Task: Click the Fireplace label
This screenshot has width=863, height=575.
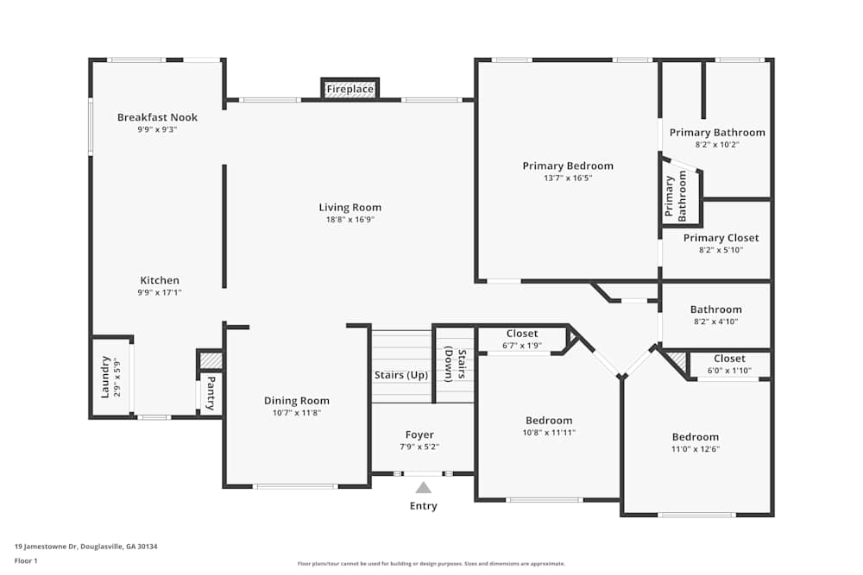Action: point(350,89)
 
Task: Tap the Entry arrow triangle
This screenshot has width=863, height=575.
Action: point(423,488)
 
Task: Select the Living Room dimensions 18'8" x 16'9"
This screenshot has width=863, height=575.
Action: point(350,219)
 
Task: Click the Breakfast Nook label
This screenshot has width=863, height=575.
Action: point(157,117)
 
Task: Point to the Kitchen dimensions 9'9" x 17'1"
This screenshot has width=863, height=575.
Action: point(160,292)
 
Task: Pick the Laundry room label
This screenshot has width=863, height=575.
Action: point(105,377)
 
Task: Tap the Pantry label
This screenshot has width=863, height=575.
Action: point(211,393)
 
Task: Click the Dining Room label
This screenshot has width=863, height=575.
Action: point(297,401)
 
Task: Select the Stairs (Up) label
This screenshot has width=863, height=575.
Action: point(401,375)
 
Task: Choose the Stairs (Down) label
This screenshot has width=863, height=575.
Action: point(457,365)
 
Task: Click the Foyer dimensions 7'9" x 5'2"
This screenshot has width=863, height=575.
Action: point(419,447)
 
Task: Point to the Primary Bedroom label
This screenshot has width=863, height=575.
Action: point(568,166)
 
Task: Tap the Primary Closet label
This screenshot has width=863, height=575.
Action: point(721,238)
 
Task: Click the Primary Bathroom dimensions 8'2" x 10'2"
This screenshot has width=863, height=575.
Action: point(717,145)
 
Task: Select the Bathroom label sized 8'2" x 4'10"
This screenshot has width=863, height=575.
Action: point(716,309)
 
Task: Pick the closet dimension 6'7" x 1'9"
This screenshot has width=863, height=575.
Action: point(522,346)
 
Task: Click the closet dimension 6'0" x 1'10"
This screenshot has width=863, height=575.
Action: point(729,371)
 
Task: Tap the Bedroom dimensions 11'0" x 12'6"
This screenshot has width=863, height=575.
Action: point(695,449)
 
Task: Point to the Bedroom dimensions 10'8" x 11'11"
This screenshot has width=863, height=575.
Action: point(549,433)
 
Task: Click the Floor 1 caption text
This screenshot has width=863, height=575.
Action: point(26,560)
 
